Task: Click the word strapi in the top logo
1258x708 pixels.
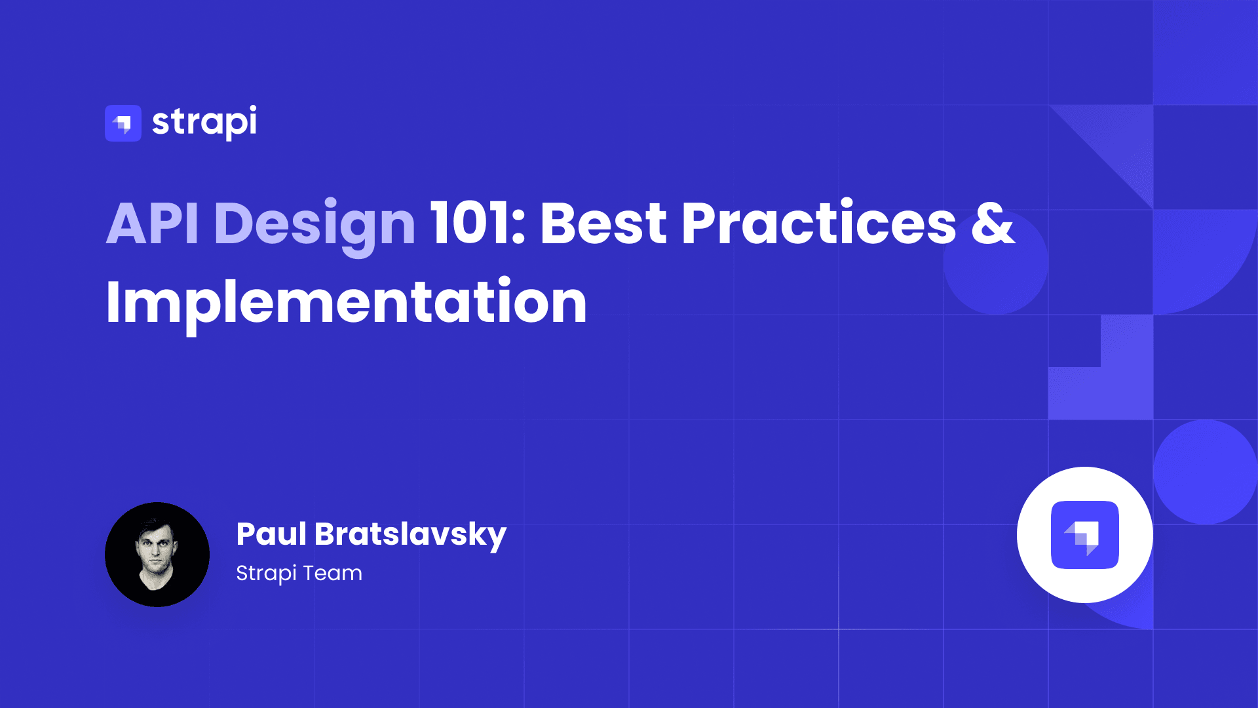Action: point(204,122)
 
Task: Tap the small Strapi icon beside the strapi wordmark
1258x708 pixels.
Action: point(123,123)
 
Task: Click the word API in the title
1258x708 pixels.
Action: point(153,224)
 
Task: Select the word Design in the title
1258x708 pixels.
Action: point(314,226)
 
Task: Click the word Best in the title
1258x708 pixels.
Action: point(603,224)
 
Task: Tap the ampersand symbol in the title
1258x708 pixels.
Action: point(993,224)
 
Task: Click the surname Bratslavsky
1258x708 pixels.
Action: point(411,536)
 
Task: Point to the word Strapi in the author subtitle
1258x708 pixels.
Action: point(267,574)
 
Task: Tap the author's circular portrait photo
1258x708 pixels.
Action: point(157,555)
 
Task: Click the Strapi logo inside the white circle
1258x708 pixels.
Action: point(1085,535)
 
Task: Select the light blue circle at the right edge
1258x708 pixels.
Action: point(1206,472)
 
